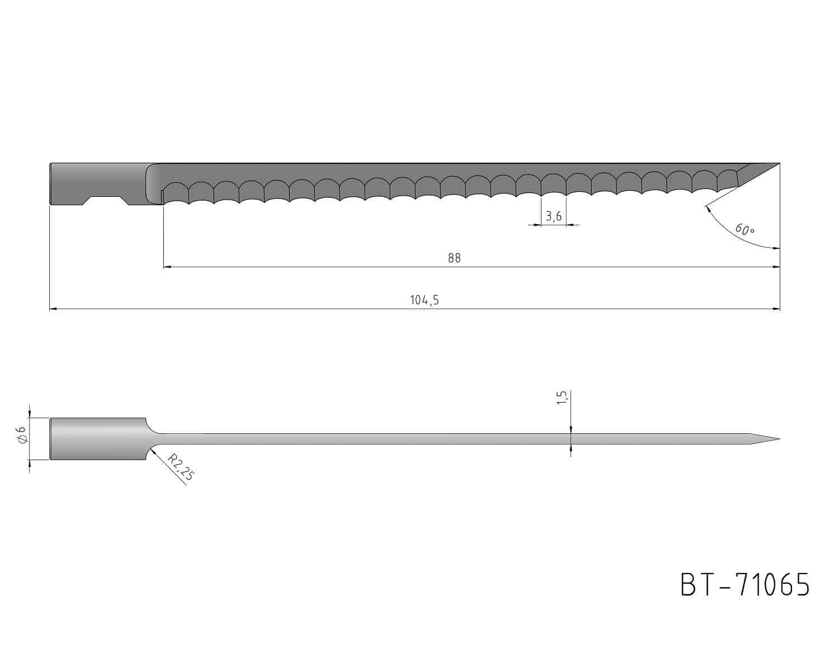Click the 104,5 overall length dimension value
pos(425,300)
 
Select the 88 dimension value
pos(454,258)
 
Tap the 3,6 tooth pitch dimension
pos(553,216)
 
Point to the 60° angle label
pos(745,229)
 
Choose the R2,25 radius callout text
pos(180,467)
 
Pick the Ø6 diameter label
pos(22,435)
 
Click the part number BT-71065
pos(745,585)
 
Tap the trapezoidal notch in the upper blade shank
pos(105,200)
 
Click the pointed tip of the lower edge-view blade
pos(780,439)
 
